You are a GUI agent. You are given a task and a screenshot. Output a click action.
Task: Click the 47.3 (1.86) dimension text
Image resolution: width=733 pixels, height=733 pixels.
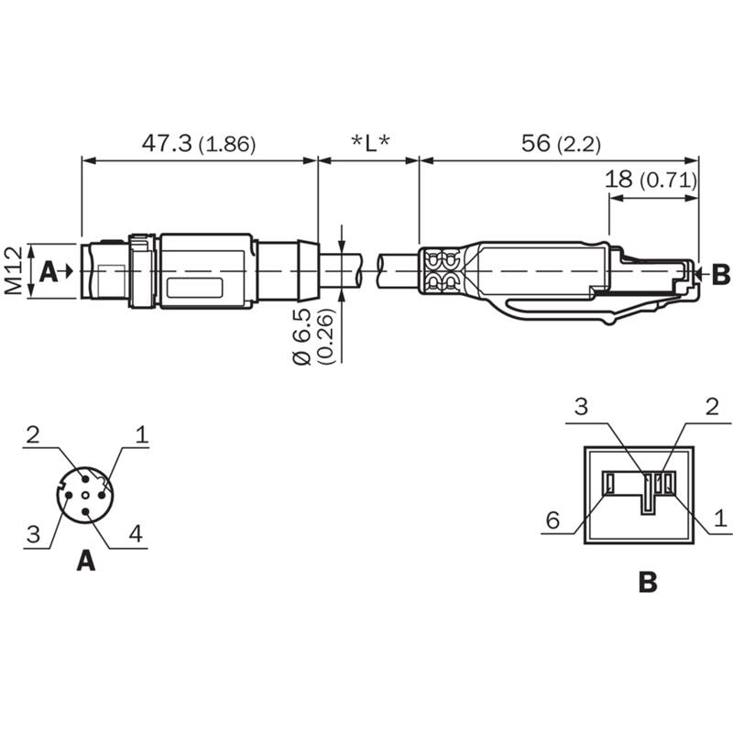coord(198,144)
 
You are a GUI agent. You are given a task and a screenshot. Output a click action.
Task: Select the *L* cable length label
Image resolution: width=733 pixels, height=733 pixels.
coord(370,144)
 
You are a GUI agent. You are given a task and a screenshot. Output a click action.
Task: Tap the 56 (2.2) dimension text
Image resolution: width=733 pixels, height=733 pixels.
coord(560,144)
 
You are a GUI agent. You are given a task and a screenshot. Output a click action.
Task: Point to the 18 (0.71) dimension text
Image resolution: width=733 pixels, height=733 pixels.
coord(651,179)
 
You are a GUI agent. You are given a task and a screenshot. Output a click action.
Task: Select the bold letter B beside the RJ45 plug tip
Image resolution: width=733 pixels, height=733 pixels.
coord(720,272)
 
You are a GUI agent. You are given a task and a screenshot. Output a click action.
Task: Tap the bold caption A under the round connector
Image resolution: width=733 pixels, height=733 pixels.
coord(85,560)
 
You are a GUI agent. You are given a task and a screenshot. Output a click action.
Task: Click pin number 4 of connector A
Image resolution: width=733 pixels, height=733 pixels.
coord(136,534)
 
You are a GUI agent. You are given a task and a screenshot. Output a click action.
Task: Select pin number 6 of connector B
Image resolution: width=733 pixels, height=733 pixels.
coord(552,520)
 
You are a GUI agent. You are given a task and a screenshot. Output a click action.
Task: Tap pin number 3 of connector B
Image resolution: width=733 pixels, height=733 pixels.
coord(582,407)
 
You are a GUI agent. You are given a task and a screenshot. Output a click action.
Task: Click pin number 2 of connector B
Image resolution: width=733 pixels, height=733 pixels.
coord(712,407)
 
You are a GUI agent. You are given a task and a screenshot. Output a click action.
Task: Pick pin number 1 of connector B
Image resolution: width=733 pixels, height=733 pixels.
coord(720,520)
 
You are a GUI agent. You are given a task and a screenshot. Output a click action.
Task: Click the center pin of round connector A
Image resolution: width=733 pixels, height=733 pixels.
coord(85,493)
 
